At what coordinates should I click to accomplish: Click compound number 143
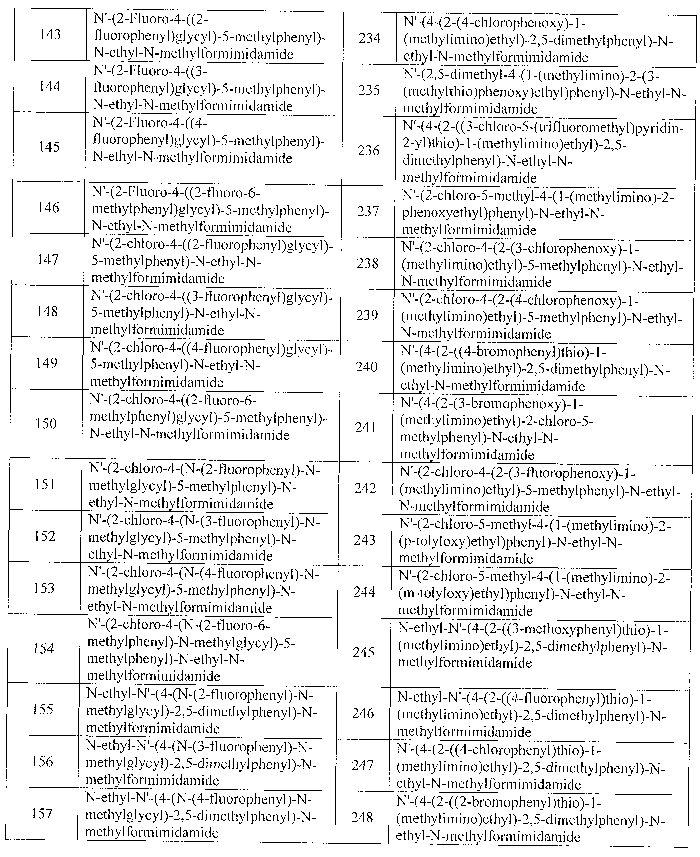pos(50,35)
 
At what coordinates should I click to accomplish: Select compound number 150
pos(46,423)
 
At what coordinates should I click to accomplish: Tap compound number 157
pos(42,814)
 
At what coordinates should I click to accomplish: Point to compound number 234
pos(369,38)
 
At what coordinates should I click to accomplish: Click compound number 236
pos(369,151)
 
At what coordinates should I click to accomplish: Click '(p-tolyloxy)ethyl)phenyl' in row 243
pos(476,542)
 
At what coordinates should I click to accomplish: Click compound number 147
pos(48,259)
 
